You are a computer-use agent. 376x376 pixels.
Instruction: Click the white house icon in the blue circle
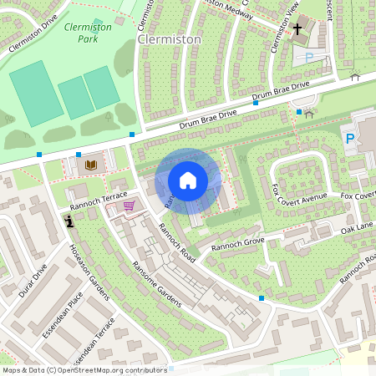(x=188, y=180)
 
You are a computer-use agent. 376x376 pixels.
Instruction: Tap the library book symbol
(x=91, y=165)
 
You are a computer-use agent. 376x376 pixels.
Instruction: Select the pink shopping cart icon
(x=129, y=206)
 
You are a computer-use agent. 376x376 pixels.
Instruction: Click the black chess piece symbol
(x=68, y=221)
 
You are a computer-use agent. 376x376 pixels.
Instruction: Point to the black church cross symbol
(x=297, y=30)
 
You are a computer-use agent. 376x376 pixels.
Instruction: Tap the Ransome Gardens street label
(x=156, y=284)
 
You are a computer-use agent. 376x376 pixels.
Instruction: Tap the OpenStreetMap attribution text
(x=84, y=369)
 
